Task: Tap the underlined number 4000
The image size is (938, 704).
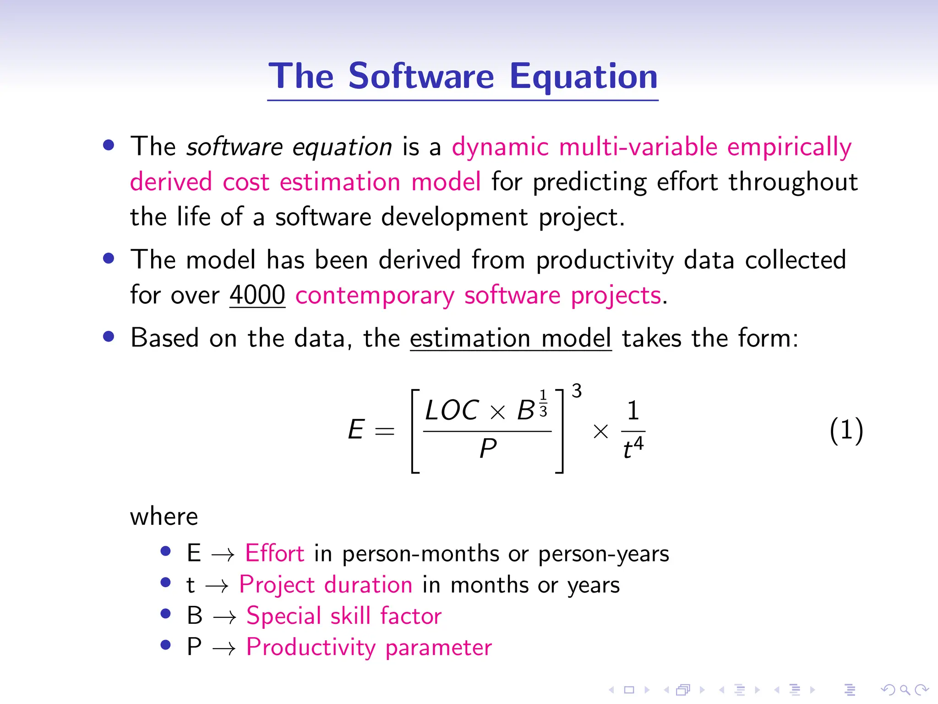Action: [257, 295]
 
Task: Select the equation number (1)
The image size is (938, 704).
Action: [846, 430]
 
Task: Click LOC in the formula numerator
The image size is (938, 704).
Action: [452, 410]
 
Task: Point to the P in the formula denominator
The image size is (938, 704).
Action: [488, 448]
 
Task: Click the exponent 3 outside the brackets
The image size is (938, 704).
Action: [577, 391]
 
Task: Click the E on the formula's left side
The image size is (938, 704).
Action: [356, 430]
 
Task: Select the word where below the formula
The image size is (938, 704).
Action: [164, 517]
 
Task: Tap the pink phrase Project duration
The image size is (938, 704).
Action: [326, 585]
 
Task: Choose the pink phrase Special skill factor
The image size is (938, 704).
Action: [344, 616]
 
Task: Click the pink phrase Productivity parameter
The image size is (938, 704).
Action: [369, 647]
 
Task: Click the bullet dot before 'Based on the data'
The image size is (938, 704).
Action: [109, 337]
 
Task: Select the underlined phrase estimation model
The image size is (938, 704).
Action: [510, 338]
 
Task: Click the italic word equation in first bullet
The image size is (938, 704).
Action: [342, 148]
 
